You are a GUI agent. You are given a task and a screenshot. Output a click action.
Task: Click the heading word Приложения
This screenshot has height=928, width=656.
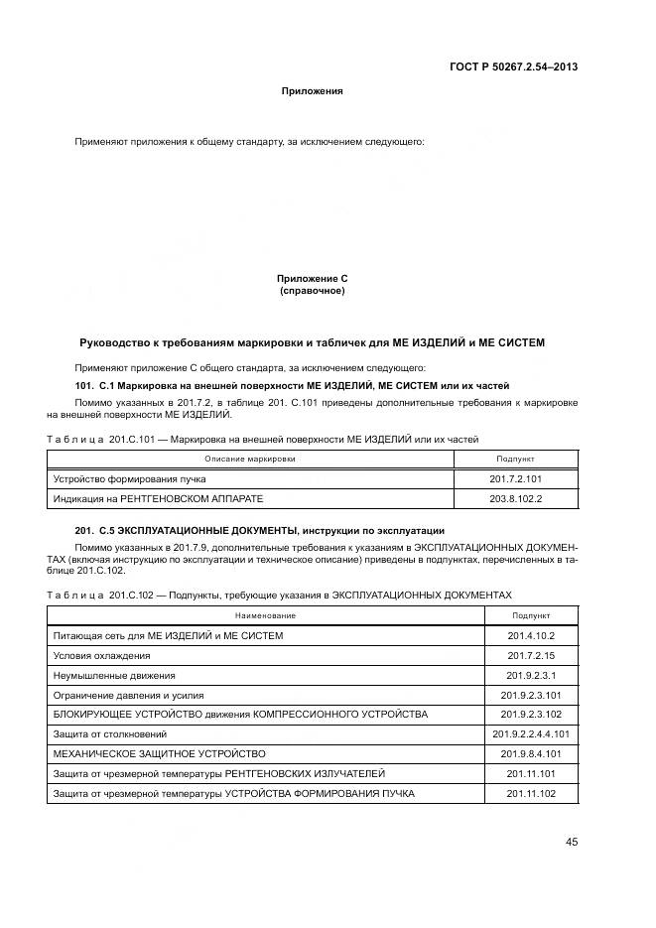[312, 91]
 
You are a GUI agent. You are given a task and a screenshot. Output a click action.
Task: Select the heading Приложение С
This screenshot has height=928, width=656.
[312, 280]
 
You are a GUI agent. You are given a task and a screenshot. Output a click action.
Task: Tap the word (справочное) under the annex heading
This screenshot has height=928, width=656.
[312, 291]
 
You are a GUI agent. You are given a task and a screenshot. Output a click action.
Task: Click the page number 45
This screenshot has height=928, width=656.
[572, 843]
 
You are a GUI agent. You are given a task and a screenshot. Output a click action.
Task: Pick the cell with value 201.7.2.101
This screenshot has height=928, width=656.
[515, 478]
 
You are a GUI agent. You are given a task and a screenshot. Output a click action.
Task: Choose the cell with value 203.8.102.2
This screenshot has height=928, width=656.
[515, 498]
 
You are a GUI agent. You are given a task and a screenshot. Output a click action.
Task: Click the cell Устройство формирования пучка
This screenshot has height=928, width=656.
[114, 478]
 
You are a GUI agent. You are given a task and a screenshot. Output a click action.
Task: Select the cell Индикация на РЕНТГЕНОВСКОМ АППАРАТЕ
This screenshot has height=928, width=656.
[159, 498]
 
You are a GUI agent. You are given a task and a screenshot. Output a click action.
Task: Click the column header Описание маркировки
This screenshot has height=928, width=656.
[250, 459]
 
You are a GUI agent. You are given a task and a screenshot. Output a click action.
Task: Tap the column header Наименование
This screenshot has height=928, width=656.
[265, 615]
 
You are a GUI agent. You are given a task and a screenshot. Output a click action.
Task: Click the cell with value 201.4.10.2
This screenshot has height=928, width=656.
[531, 635]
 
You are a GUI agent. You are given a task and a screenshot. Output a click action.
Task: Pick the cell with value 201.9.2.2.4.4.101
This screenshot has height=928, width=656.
[531, 734]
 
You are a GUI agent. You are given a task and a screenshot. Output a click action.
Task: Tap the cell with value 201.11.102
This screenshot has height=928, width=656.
[531, 794]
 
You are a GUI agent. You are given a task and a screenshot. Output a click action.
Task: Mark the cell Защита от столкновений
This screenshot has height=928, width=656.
[106, 734]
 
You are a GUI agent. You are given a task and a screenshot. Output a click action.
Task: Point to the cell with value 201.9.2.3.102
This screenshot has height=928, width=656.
[531, 715]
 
